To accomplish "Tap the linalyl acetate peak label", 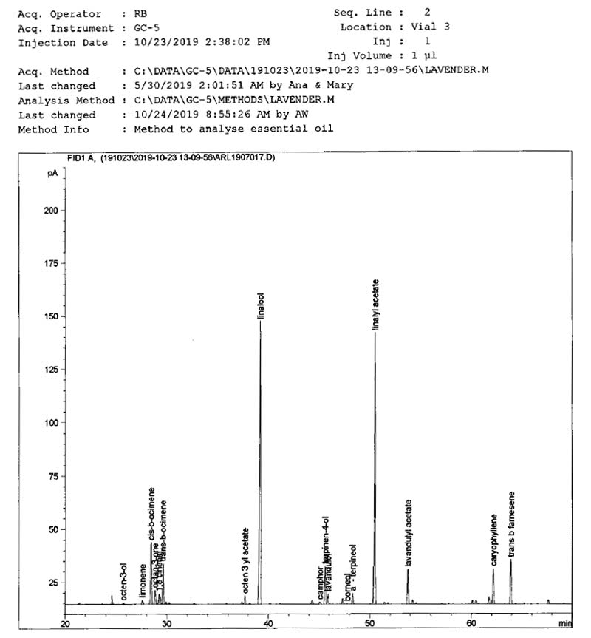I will tap(375, 304).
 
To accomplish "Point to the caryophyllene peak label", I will tap(493, 540).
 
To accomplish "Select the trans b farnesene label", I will tap(511, 524).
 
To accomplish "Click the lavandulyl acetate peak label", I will tap(409, 533).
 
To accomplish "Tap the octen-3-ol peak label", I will tap(124, 580).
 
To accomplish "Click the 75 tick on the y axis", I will tap(55, 476).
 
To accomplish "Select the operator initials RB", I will tap(140, 14).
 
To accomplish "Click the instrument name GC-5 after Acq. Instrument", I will tap(145, 28).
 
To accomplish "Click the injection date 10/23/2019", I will tap(162, 42).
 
